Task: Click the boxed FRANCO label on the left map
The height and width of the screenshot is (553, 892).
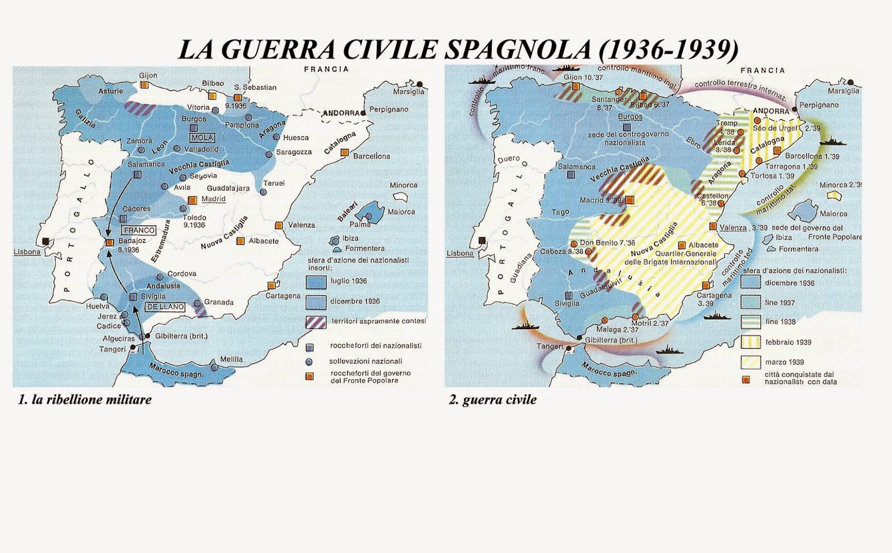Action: click(x=139, y=230)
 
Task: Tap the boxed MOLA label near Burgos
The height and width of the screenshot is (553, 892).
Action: click(x=202, y=138)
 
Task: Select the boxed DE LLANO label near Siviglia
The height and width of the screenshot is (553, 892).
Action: click(x=166, y=307)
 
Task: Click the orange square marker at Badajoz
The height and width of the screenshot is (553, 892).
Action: click(x=110, y=242)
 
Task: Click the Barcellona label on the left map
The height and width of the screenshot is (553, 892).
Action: click(x=371, y=156)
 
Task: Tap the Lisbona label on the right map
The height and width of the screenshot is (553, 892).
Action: click(x=460, y=253)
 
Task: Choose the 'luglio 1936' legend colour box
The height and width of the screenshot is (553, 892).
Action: click(x=316, y=281)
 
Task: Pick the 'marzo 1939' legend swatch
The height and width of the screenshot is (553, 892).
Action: click(x=750, y=362)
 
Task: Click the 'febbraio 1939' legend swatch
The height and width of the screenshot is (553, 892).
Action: click(x=750, y=342)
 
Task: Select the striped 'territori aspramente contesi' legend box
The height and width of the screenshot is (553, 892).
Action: click(x=316, y=322)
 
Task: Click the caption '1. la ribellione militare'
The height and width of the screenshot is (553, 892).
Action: click(x=85, y=400)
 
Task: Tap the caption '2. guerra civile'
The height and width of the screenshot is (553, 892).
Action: click(x=493, y=400)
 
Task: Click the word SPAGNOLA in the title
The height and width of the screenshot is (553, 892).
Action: click(x=518, y=49)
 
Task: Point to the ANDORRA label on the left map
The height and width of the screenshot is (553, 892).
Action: click(x=341, y=113)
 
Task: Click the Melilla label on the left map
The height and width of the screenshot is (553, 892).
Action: click(x=231, y=359)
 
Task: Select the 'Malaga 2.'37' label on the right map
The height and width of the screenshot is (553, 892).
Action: click(x=617, y=330)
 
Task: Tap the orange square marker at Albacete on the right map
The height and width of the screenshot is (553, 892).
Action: click(x=682, y=246)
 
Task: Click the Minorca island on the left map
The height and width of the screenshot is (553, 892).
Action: click(x=400, y=197)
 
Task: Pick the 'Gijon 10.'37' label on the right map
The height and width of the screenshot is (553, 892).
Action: click(x=583, y=78)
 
